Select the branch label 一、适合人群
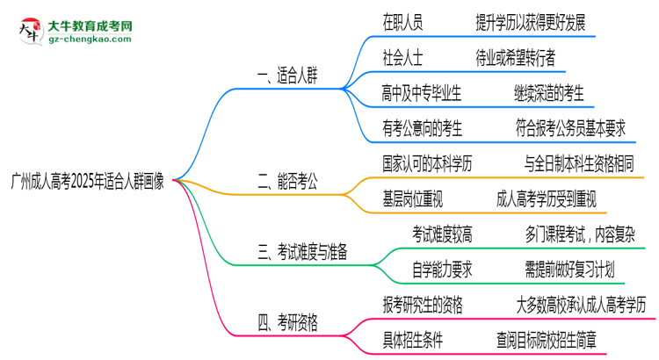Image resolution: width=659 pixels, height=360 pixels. (287, 76)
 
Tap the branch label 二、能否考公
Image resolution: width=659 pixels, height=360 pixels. (287, 183)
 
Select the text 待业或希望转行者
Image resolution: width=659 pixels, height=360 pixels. (515, 58)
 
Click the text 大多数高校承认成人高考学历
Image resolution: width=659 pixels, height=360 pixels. (583, 305)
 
